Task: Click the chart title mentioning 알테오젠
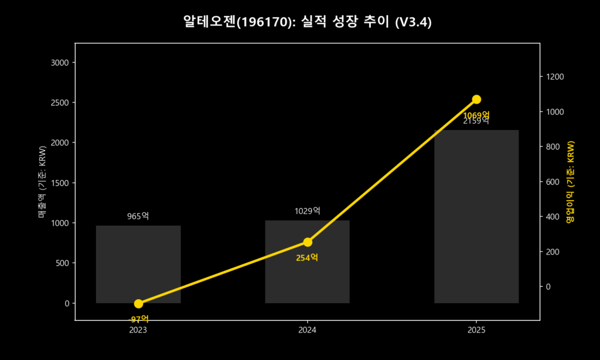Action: coord(299,22)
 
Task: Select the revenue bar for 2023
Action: coord(138,264)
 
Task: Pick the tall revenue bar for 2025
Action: coord(476,217)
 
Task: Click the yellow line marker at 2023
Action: coord(138,304)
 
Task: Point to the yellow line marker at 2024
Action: coord(308,242)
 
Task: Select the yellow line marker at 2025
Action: coord(476,100)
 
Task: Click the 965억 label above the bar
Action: coord(138,216)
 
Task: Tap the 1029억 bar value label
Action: coord(307,210)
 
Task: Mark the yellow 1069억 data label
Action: coord(476,115)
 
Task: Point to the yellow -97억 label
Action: coord(138,319)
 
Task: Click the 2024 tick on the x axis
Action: coord(307,330)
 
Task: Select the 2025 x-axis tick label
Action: coord(476,330)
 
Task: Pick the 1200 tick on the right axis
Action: coord(555,77)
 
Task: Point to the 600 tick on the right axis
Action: coord(554,182)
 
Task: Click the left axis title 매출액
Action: coord(42,183)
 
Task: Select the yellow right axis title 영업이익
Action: coord(570,182)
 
